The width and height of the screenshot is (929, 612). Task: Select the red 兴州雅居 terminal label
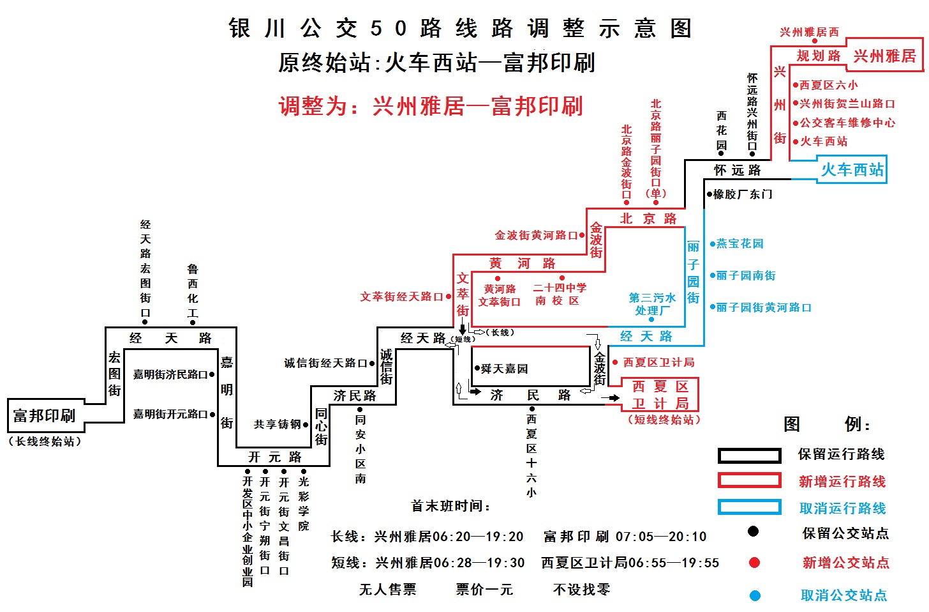[884, 56]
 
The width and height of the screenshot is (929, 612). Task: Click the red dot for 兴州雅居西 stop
[815, 41]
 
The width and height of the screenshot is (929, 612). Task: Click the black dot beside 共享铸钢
[306, 425]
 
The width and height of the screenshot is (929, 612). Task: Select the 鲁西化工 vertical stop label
[193, 291]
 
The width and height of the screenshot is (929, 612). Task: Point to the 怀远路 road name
[738, 170]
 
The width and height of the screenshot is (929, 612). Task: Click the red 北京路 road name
[648, 219]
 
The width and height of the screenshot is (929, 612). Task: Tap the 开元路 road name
[274, 457]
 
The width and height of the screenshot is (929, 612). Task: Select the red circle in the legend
[754, 563]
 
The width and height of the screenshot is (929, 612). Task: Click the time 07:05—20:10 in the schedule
[660, 537]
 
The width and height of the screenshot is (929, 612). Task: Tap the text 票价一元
[484, 590]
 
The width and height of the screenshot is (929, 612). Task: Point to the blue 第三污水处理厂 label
[652, 304]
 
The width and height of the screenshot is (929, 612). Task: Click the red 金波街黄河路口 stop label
[536, 236]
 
